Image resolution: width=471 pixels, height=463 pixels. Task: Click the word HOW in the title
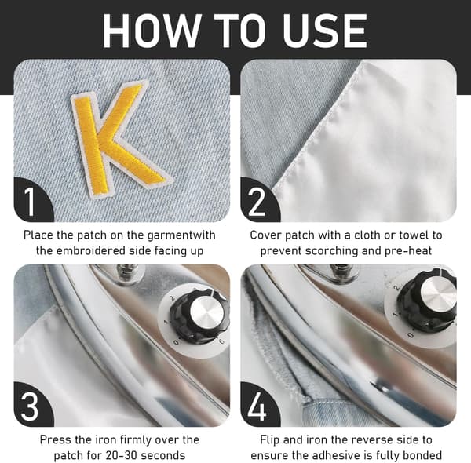[x=152, y=31]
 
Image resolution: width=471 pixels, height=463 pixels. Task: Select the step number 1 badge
[x=34, y=199]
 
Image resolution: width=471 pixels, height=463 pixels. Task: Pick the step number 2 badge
[x=260, y=199]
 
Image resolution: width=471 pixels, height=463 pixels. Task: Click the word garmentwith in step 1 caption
[x=181, y=235]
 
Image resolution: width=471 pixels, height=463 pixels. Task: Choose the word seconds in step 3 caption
[x=163, y=455]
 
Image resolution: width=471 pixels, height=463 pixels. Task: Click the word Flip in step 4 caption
[x=270, y=440]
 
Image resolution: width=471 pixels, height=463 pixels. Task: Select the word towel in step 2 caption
[x=414, y=235]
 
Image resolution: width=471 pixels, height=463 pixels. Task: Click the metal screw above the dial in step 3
[x=128, y=271]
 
